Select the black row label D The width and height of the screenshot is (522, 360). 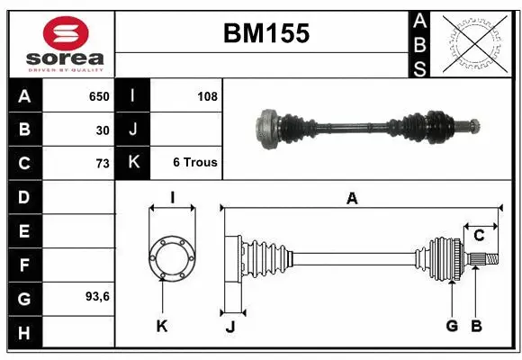click(x=23, y=196)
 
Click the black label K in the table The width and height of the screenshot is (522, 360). click(x=132, y=163)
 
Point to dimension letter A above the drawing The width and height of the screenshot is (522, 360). click(x=352, y=199)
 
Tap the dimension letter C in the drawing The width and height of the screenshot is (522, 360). click(x=479, y=236)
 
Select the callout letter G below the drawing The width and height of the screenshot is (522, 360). click(x=452, y=326)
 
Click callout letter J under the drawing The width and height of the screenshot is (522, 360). click(x=229, y=327)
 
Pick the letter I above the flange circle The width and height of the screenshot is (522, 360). click(x=171, y=197)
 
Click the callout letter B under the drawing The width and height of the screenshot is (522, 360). click(x=477, y=326)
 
